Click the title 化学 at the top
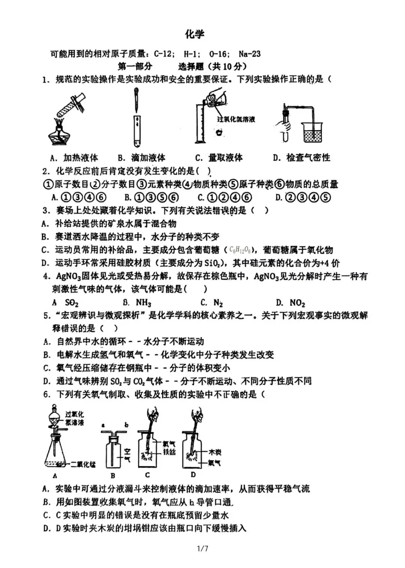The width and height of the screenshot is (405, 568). point(195,34)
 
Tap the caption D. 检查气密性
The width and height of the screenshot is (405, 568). point(301,157)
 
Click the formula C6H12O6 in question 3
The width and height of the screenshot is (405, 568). point(240,250)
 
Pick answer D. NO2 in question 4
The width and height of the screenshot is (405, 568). point(291,303)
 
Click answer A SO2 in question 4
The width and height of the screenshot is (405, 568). point(66,303)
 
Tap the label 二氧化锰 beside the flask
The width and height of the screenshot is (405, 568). point(83,464)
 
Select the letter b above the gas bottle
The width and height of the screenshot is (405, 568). point(126,425)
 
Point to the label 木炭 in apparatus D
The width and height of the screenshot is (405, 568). point(214,452)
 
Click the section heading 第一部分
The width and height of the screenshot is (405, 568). point(135,66)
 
